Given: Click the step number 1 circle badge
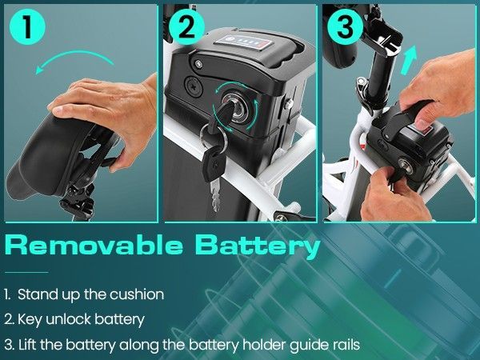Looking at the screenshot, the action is (27, 27).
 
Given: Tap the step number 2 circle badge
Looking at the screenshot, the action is (186, 27).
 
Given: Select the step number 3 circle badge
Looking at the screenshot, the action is (345, 27).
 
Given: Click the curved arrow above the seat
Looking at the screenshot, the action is (74, 58).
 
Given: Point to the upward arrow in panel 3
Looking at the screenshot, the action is (410, 60).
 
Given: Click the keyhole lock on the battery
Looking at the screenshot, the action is (237, 109).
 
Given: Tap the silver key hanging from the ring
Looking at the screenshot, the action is (215, 195).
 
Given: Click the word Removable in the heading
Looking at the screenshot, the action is (94, 245).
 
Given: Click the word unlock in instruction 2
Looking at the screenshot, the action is (69, 319).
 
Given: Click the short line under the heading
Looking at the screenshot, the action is (26, 272).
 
